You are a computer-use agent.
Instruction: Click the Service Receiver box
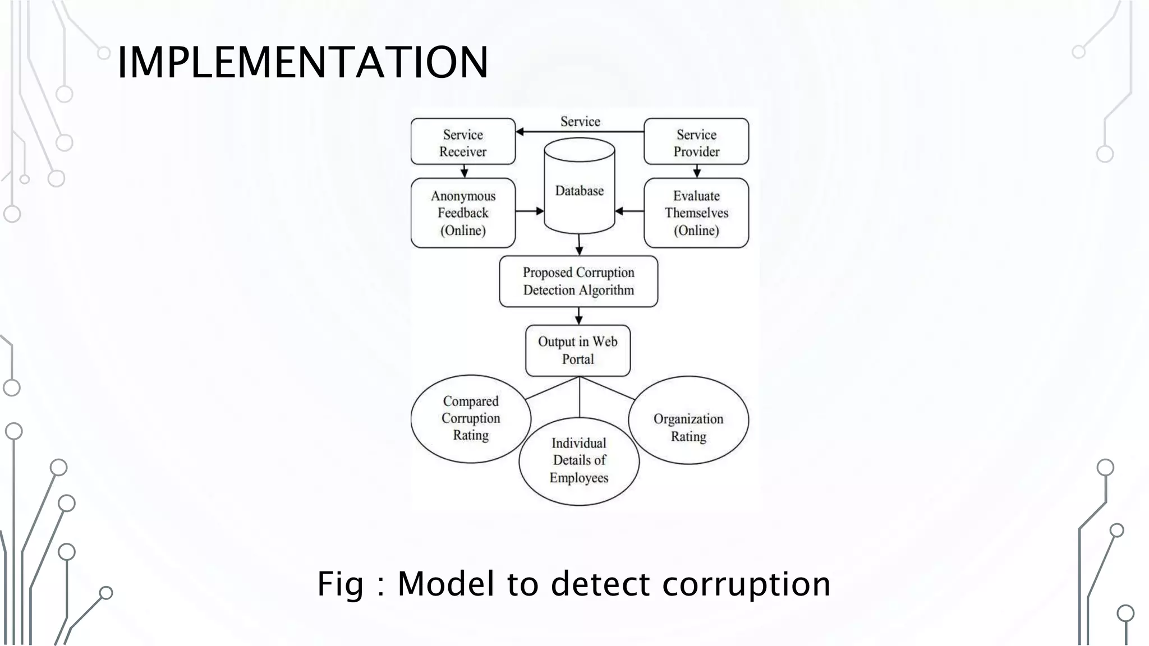point(463,142)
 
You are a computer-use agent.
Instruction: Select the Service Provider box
point(696,142)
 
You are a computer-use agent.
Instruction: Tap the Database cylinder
point(579,191)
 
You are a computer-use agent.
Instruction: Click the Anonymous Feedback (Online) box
point(463,213)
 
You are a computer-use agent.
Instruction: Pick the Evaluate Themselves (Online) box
point(696,213)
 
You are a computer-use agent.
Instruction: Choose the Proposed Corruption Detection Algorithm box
point(578,282)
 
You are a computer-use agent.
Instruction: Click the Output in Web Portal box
point(578,350)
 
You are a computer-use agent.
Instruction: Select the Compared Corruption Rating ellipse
point(470,419)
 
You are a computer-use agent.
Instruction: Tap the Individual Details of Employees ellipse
point(579,461)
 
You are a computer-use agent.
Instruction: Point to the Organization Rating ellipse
point(688,420)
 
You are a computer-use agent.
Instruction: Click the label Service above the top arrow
point(580,122)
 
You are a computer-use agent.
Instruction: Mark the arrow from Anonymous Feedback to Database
point(530,211)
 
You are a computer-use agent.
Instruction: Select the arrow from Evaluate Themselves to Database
point(629,211)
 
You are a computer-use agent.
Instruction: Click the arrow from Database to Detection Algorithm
point(579,244)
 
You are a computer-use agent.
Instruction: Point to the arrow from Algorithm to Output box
point(579,316)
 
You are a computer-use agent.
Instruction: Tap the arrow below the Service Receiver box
point(464,171)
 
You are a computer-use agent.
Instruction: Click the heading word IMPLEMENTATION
point(303,62)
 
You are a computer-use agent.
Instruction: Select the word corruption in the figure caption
point(746,584)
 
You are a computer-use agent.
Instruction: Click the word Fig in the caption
point(340,584)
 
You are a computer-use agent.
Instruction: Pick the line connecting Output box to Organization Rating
point(607,388)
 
